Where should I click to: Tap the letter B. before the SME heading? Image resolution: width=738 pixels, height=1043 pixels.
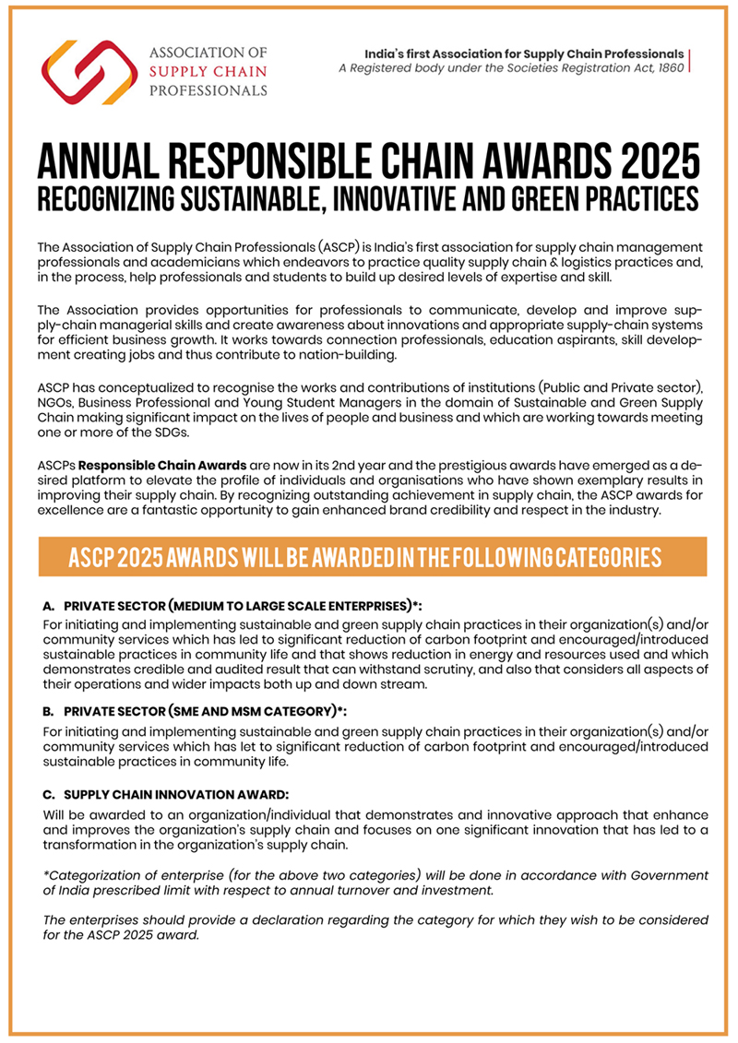click(50, 713)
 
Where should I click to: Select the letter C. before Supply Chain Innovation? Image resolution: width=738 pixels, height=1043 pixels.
click(50, 794)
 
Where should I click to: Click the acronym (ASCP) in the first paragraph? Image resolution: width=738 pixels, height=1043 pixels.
click(324, 248)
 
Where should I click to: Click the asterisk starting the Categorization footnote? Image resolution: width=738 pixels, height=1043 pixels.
click(46, 874)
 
